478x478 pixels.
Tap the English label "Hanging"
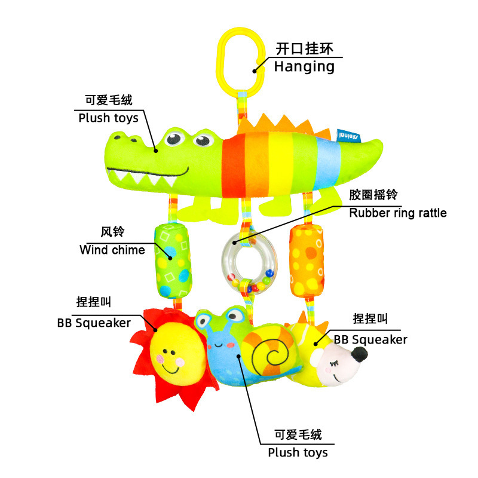tap(304, 66)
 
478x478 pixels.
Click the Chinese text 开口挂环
tap(304, 48)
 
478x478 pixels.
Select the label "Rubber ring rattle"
tap(398, 213)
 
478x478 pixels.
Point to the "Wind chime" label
tap(112, 249)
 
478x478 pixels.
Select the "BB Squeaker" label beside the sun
tap(94, 323)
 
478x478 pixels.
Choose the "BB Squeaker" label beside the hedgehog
tap(370, 339)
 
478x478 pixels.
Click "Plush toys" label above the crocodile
tap(108, 118)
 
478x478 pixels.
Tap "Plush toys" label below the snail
tap(298, 452)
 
